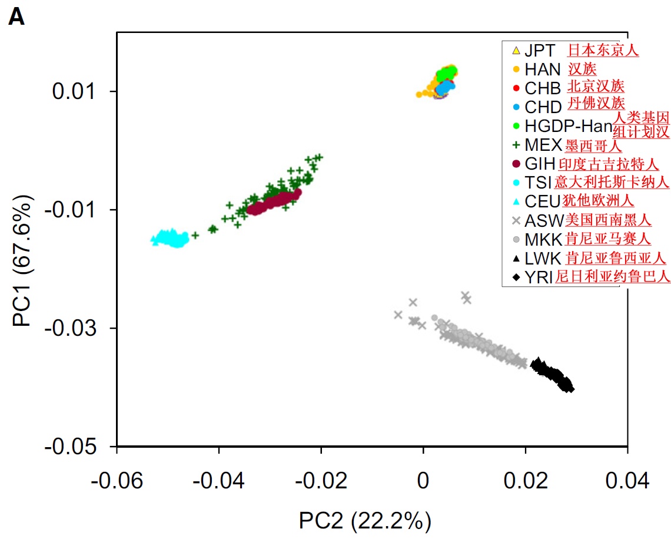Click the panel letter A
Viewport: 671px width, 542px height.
coord(16,18)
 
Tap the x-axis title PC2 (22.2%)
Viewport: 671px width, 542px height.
coord(365,521)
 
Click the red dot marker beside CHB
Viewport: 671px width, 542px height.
coord(516,88)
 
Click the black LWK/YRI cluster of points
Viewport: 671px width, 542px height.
coord(553,375)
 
